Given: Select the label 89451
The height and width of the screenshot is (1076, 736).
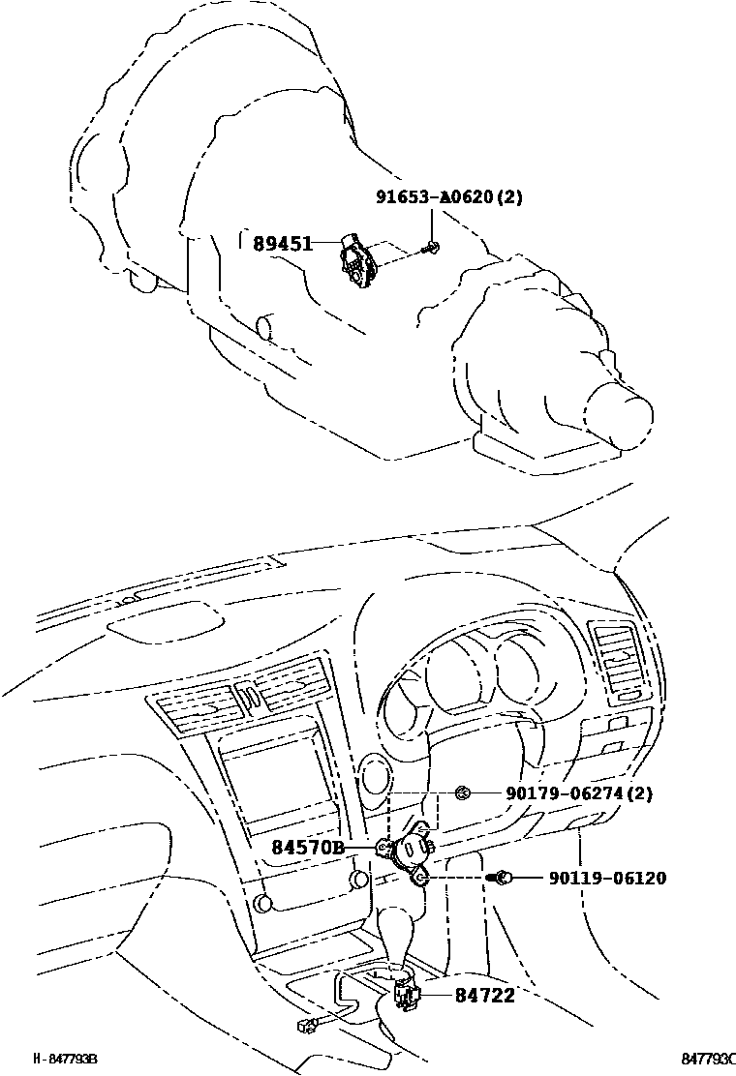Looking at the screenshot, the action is pos(283,244).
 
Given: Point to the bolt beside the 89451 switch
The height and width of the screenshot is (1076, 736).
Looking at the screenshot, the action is pos(430,250).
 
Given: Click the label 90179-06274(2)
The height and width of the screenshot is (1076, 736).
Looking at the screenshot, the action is pos(578,793).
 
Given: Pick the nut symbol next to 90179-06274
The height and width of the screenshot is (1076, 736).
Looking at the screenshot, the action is pos(463,793).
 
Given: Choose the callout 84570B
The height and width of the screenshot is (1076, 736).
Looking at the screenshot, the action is pos(307,848).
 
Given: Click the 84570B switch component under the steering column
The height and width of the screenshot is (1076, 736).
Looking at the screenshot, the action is pos(409,852).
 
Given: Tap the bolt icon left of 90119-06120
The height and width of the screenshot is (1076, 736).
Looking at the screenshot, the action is pos(502,878).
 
